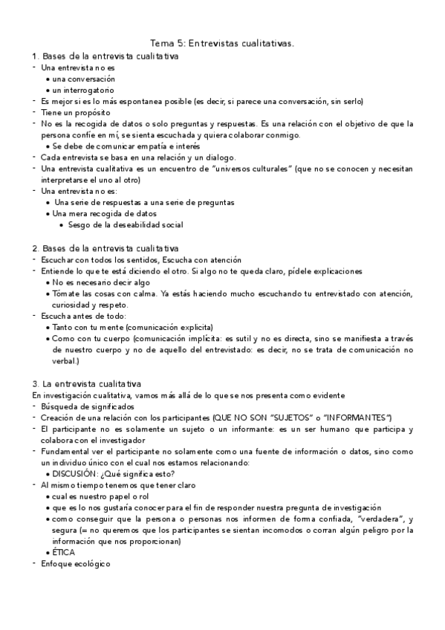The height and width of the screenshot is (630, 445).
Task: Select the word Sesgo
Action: pos(79,224)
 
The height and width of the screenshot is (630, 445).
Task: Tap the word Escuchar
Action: pos(57,260)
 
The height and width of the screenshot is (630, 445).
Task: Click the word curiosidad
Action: pos(74,305)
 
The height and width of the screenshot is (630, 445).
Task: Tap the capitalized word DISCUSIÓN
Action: pos(77,473)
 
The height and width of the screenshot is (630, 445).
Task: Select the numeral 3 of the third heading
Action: pos(35,383)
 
